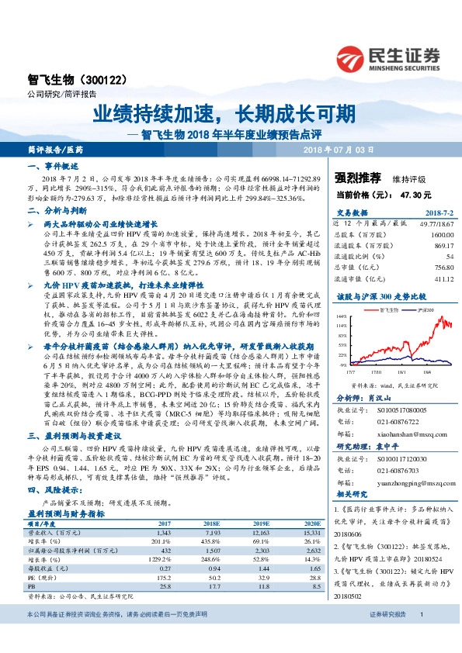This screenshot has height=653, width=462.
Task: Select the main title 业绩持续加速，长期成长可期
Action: [225, 114]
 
